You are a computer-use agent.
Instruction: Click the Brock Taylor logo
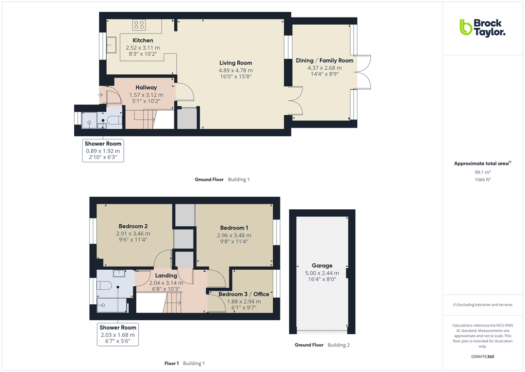tap(482, 27)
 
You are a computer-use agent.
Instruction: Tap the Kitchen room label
tap(143, 40)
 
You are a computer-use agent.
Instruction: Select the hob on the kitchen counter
tap(139, 25)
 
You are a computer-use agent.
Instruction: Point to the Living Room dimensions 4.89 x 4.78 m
tap(236, 70)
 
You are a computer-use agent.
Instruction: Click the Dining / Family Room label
tap(324, 60)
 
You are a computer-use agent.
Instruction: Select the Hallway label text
tap(146, 88)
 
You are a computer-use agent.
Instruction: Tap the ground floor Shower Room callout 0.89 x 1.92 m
tap(103, 151)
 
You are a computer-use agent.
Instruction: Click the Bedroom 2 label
tap(133, 226)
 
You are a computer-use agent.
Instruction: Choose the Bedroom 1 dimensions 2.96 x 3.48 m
tap(234, 235)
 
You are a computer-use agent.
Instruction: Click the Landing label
tap(166, 276)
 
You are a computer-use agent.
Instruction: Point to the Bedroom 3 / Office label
tap(243, 295)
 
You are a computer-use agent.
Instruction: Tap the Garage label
tap(322, 266)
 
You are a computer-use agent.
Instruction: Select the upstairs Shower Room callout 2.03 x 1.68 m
tap(118, 335)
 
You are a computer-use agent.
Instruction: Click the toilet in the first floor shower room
tap(105, 286)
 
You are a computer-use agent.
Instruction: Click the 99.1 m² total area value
tap(482, 172)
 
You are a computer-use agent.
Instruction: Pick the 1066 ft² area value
tap(482, 180)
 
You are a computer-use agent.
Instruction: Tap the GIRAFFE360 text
tap(482, 357)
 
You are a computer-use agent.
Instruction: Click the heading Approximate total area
tap(482, 164)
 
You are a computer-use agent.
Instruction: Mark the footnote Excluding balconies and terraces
tap(482, 305)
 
